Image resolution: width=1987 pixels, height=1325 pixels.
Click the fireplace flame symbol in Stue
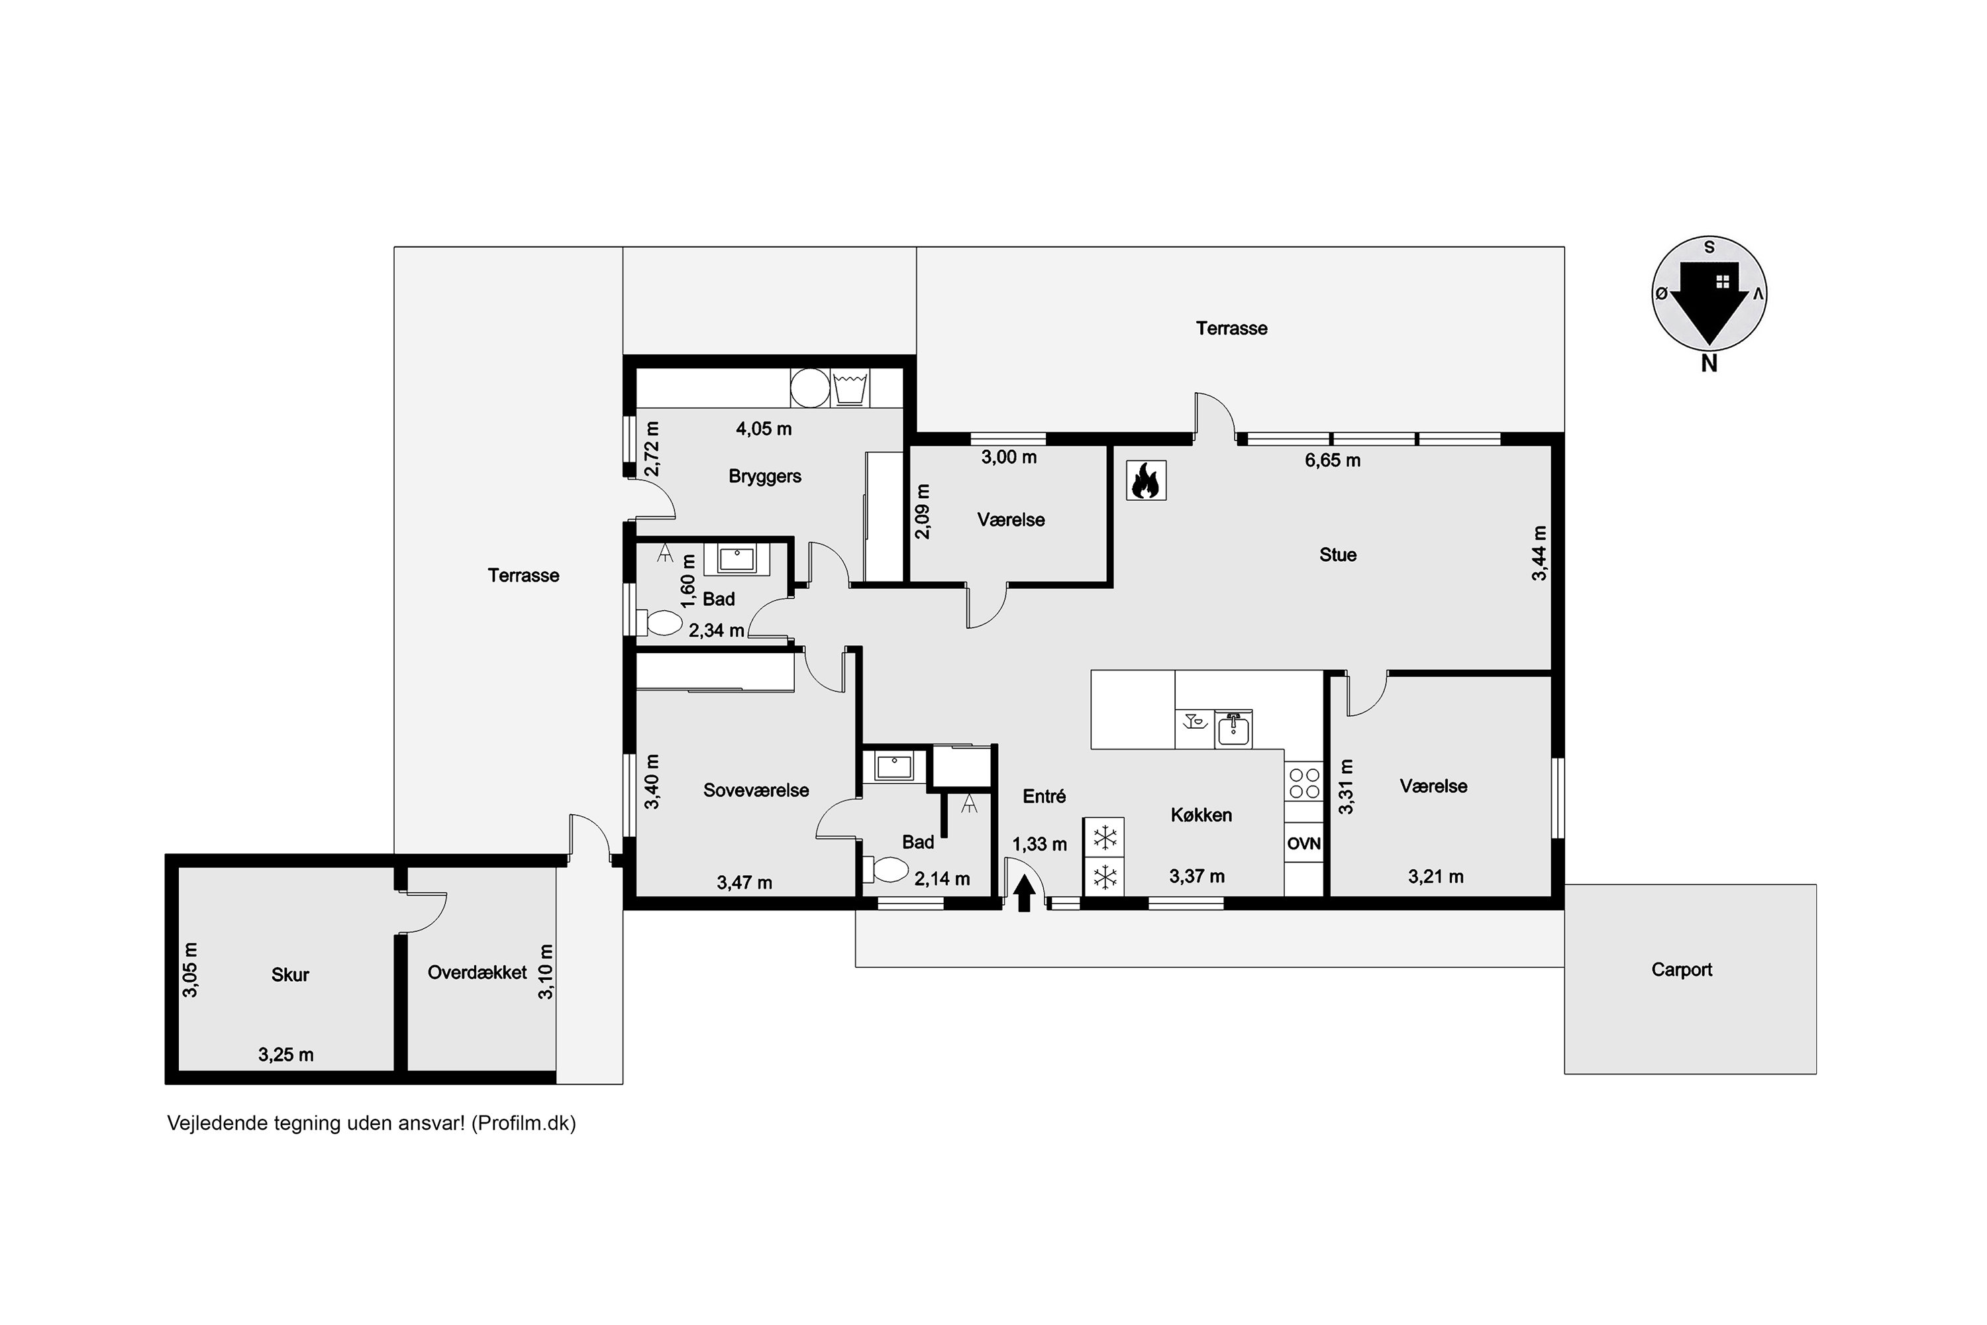click(x=1146, y=481)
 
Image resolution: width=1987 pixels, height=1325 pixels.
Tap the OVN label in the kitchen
click(x=1303, y=843)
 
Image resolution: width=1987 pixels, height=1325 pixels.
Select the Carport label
click(x=1681, y=969)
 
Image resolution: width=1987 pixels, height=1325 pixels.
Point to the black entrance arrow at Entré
click(x=1024, y=893)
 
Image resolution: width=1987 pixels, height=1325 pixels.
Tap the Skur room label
click(x=290, y=975)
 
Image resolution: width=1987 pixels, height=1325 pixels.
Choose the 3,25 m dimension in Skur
click(x=285, y=1055)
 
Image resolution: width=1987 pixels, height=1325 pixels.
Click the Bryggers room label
click(x=764, y=476)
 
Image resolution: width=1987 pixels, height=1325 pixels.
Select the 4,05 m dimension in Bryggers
click(x=764, y=429)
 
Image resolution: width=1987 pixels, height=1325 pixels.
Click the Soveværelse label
click(x=756, y=790)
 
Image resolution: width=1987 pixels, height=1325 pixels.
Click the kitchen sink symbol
click(x=1233, y=728)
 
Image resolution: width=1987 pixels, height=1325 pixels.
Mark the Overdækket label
click(x=478, y=972)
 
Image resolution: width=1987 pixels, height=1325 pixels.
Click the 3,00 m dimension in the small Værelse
click(x=1009, y=457)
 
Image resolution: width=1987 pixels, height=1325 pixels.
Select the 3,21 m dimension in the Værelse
click(x=1435, y=876)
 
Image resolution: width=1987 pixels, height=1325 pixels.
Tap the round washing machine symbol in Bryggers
click(x=809, y=388)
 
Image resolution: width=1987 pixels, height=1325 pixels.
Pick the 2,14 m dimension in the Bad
click(x=942, y=879)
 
